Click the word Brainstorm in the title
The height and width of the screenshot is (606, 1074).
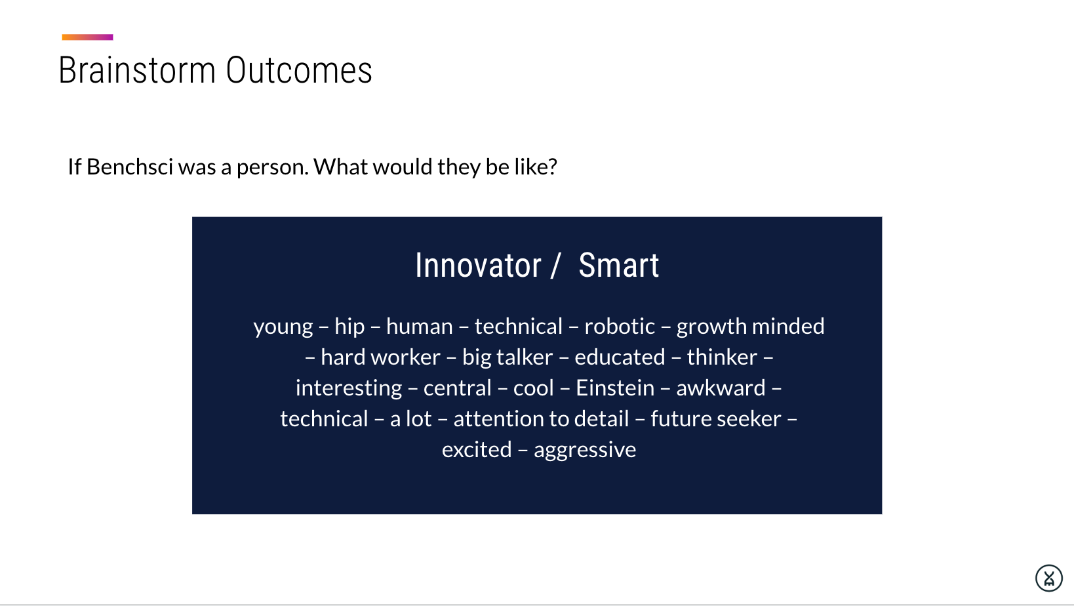[x=137, y=70]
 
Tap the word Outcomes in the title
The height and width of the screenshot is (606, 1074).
[x=299, y=70]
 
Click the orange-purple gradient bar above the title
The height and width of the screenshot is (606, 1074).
[x=87, y=37]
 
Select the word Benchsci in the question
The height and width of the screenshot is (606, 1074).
[x=129, y=167]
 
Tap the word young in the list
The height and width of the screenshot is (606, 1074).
[x=283, y=327]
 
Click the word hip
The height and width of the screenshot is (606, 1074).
[x=349, y=327]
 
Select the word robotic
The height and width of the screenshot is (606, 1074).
[x=620, y=327]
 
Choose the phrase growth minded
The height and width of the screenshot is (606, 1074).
[x=750, y=327]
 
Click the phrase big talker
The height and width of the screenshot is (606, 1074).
[x=507, y=357]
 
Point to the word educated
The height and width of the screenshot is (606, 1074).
[x=620, y=357]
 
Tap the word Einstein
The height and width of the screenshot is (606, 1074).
[x=615, y=388]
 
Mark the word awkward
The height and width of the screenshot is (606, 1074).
[x=721, y=388]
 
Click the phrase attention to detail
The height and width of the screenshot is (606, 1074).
[x=542, y=419]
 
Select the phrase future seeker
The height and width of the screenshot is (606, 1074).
[x=716, y=419]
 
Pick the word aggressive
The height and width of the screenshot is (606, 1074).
[x=585, y=451]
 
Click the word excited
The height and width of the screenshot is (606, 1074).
[x=477, y=450]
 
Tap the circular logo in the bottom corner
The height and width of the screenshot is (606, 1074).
[x=1049, y=578]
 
